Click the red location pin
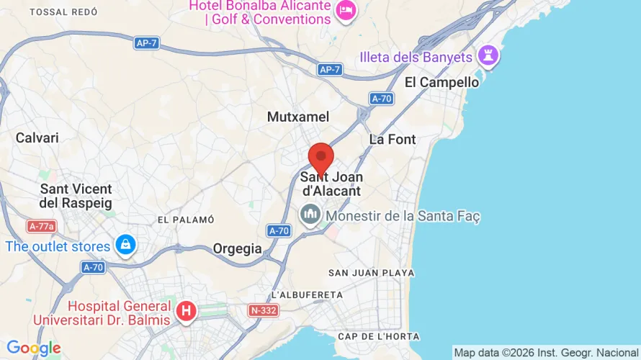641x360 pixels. (x=320, y=157)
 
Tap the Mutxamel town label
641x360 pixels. (x=297, y=117)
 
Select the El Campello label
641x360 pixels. (x=441, y=82)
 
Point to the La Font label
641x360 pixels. (x=393, y=139)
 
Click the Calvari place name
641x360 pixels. (x=37, y=138)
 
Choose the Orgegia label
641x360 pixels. (x=237, y=248)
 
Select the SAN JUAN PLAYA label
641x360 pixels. (x=372, y=273)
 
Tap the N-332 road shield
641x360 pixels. (x=264, y=311)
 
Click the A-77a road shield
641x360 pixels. (x=42, y=226)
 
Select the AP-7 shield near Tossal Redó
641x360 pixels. (x=146, y=43)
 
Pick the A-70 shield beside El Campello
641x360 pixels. (x=381, y=98)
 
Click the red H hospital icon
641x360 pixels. (x=187, y=311)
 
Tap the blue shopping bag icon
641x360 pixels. (x=126, y=244)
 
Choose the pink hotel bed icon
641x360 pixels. (x=346, y=10)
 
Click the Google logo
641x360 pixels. (x=33, y=348)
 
